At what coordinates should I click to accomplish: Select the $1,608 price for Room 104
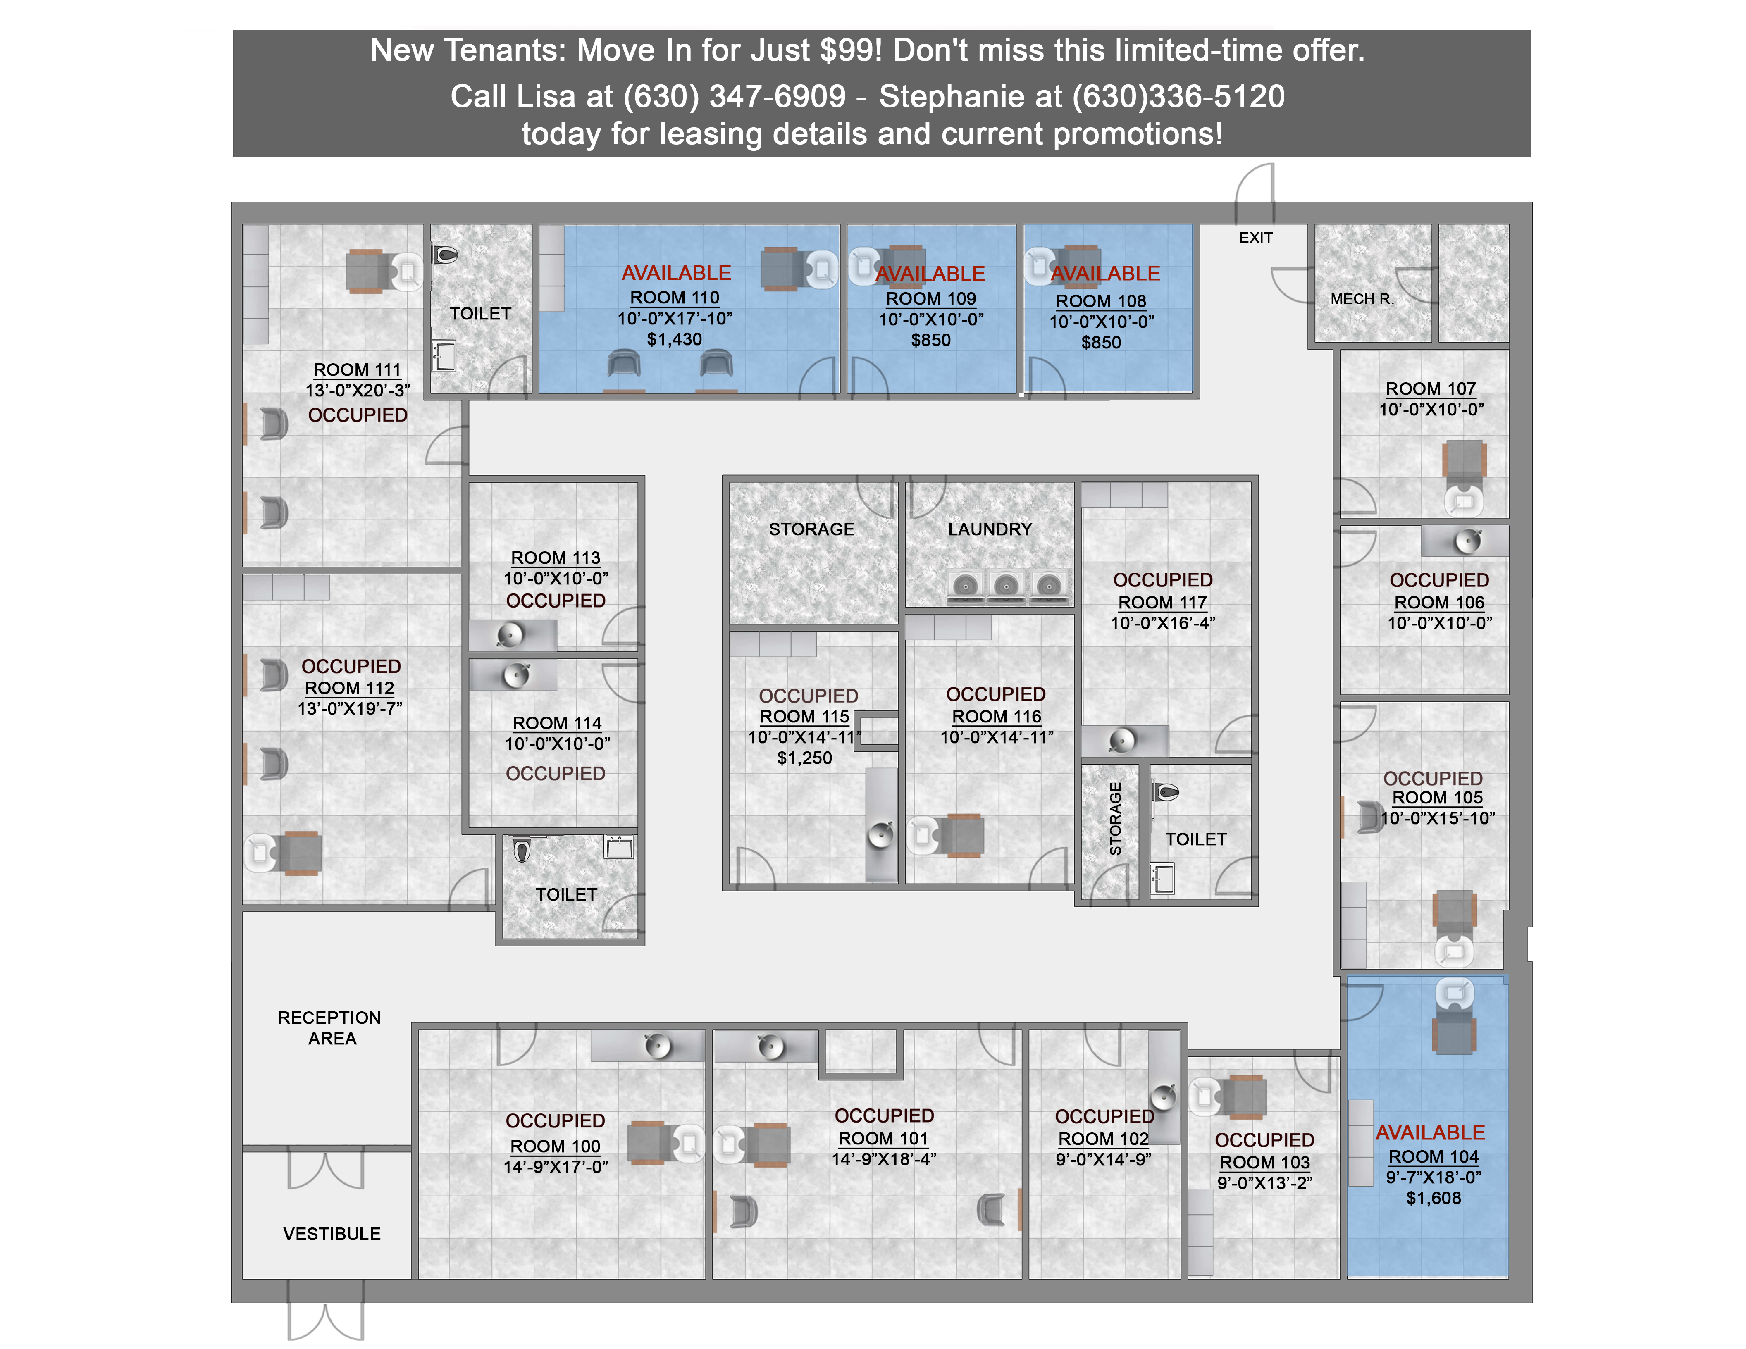(x=1434, y=1198)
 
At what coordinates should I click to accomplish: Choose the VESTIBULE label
(x=332, y=1234)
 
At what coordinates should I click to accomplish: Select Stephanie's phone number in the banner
(x=1178, y=97)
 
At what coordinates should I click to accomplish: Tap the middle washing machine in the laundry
(x=1007, y=585)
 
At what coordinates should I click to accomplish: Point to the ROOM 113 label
(x=556, y=558)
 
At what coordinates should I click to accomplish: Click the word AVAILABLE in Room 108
(x=1105, y=273)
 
